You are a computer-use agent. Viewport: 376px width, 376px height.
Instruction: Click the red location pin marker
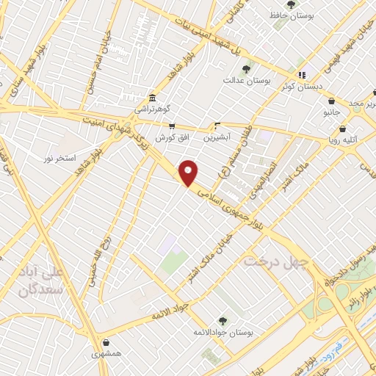(x=189, y=173)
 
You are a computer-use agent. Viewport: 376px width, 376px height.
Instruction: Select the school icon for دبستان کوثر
(x=301, y=75)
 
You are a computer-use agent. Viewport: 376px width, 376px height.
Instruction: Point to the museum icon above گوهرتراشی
(x=151, y=98)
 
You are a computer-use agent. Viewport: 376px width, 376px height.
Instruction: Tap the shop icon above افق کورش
(x=172, y=126)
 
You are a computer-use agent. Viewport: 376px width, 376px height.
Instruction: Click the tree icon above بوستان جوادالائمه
(x=223, y=321)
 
